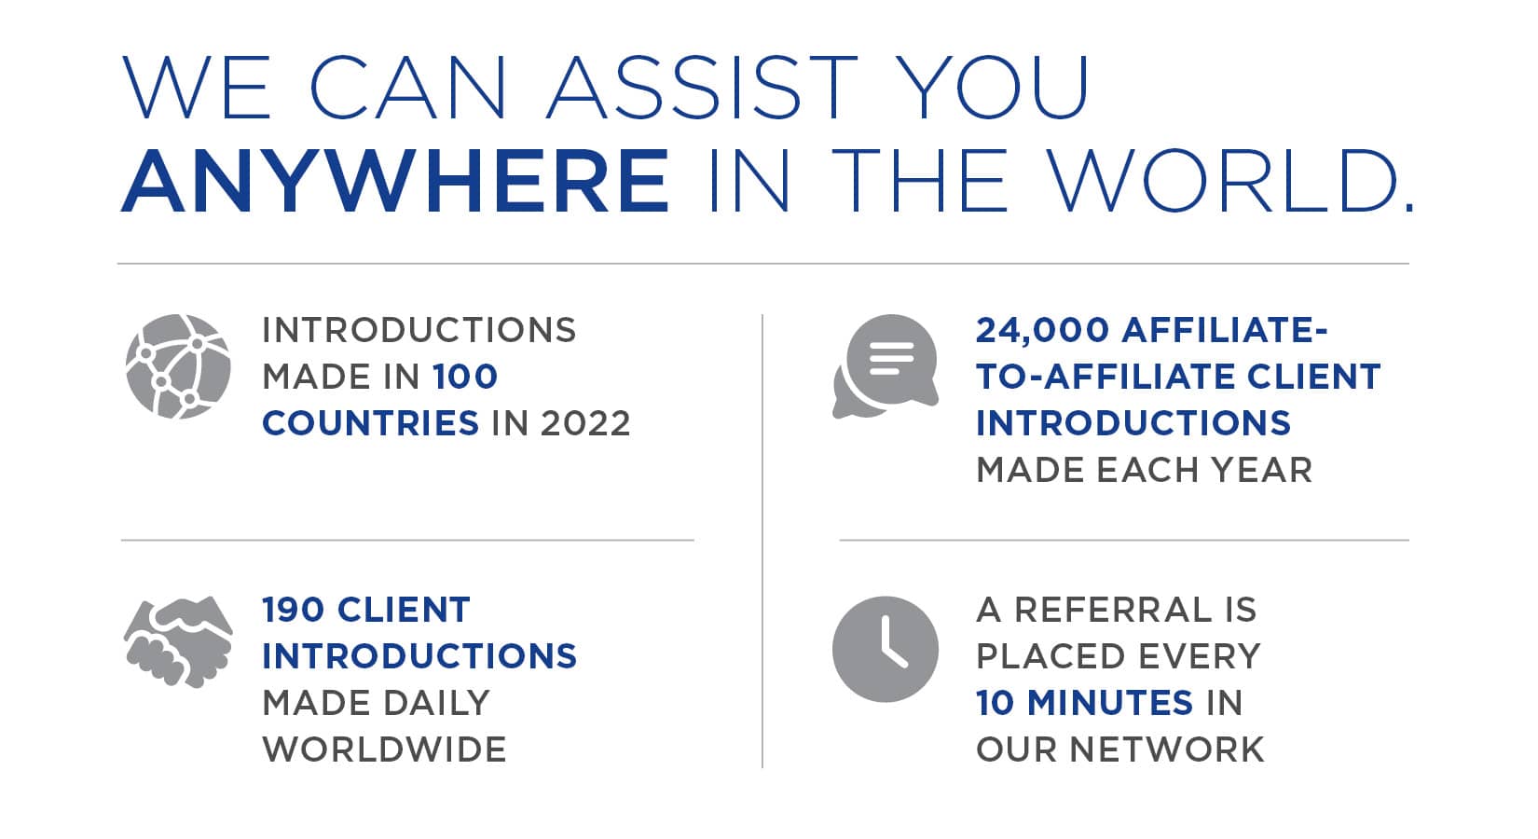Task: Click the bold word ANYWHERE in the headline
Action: pos(395,181)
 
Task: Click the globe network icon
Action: pos(179,366)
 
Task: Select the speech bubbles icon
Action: pos(885,366)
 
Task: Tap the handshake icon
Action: pos(179,642)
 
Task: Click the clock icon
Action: pos(885,649)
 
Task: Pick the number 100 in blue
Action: pos(465,377)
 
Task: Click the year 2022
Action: pos(585,423)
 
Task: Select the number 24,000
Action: pos(1041,331)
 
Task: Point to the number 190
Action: pos(293,610)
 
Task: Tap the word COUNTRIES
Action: pos(370,423)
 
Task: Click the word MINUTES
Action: pos(1110,702)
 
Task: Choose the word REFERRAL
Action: pos(1113,610)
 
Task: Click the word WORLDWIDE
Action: pos(384,750)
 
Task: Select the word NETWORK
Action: pos(1166,750)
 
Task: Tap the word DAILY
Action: pos(436,702)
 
